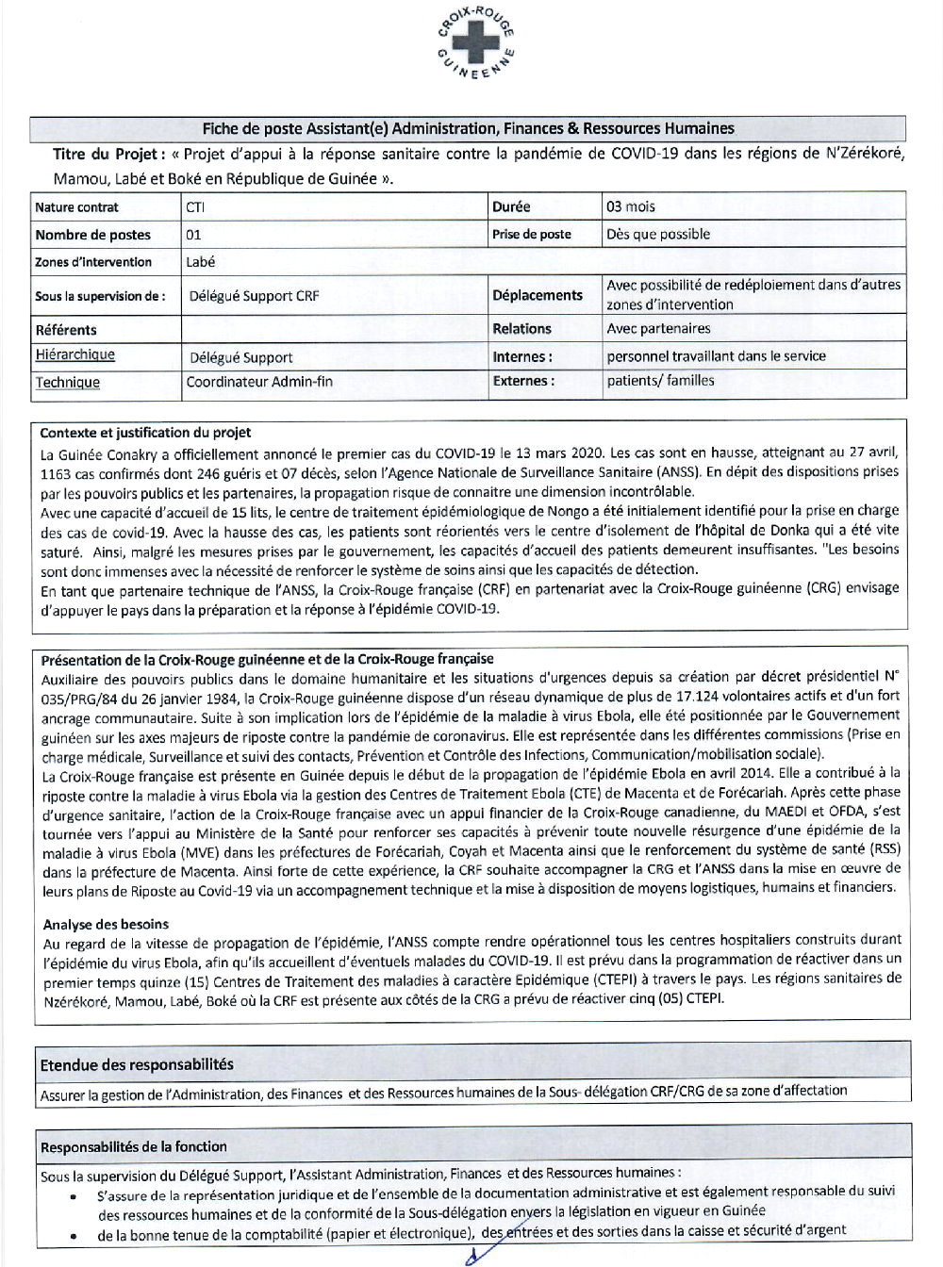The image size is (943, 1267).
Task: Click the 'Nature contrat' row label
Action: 77,207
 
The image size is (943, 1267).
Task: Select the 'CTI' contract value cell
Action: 195,207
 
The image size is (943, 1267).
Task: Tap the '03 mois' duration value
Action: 631,206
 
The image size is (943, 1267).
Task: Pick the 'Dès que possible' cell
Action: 658,235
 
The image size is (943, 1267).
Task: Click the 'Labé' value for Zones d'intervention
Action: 201,262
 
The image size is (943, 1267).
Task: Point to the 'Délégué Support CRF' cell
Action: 254,296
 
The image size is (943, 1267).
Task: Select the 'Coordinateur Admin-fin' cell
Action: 259,382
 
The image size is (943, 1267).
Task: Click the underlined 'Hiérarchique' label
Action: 75,355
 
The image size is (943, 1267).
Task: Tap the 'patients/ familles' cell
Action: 660,381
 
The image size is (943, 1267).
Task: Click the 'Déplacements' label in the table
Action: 538,295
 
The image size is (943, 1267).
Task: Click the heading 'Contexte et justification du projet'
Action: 145,433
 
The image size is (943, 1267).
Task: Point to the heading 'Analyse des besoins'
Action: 106,924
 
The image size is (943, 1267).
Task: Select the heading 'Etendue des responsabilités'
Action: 137,1064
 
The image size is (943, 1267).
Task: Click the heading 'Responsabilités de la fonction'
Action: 134,1146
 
